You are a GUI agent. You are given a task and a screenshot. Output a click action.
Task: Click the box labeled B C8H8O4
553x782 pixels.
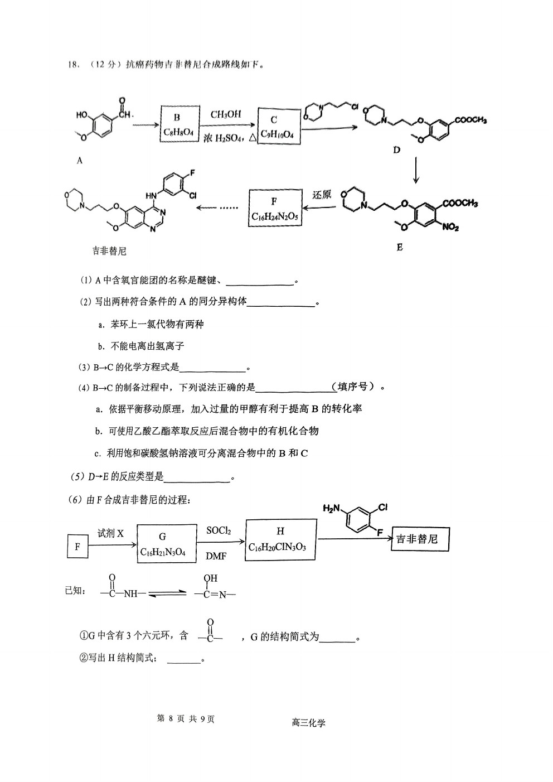[180, 124]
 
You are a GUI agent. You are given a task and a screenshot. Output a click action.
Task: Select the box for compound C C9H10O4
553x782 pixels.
[279, 126]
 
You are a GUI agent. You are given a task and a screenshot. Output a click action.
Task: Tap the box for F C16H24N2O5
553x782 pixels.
[275, 208]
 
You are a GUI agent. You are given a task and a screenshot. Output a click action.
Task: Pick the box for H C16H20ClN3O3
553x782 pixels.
[281, 540]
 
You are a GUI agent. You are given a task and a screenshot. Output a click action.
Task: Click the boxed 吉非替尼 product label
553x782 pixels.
[420, 539]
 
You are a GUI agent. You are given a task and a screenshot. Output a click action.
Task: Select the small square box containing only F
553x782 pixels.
[77, 547]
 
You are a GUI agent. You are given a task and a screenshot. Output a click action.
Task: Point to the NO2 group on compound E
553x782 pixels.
[450, 227]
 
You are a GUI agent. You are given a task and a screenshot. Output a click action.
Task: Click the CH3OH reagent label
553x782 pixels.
[226, 114]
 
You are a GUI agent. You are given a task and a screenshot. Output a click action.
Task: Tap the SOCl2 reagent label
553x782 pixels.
[219, 530]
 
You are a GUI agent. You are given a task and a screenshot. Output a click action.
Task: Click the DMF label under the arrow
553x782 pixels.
[216, 556]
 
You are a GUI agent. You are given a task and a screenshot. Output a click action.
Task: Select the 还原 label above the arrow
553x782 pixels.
[321, 194]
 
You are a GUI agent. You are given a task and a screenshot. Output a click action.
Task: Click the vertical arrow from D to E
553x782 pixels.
[416, 170]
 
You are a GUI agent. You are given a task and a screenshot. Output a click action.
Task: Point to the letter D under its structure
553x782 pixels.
[396, 150]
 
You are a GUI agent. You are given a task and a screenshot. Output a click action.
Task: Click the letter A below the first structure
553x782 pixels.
[80, 160]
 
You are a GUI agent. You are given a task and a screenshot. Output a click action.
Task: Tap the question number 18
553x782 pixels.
[74, 65]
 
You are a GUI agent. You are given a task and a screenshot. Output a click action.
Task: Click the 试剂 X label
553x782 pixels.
[110, 533]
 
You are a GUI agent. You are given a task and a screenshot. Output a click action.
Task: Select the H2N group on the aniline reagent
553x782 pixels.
[331, 508]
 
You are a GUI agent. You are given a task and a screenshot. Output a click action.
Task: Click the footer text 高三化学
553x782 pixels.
[308, 723]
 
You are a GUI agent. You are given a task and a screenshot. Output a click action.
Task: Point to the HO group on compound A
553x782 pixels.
[82, 114]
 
